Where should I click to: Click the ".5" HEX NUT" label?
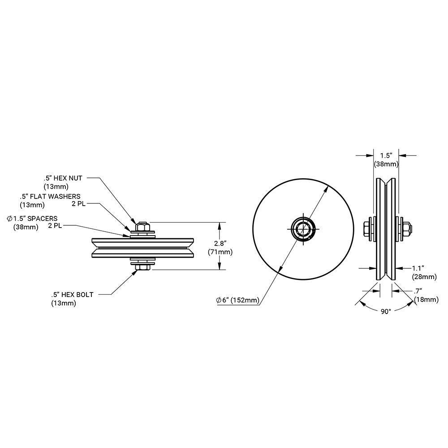pyautogui.click(x=63, y=178)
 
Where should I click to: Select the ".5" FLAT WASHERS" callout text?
pyautogui.click(x=50, y=196)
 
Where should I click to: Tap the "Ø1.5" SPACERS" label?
pyautogui.click(x=32, y=218)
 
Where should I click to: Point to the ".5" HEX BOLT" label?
pyautogui.click(x=72, y=294)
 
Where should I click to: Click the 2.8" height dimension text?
pyautogui.click(x=220, y=243)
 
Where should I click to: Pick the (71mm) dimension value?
pyautogui.click(x=220, y=252)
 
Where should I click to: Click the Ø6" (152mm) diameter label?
pyautogui.click(x=237, y=300)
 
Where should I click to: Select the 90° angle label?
pyautogui.click(x=386, y=311)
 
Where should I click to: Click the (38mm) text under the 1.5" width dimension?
pyautogui.click(x=386, y=164)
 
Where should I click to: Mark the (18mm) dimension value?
pyautogui.click(x=426, y=299)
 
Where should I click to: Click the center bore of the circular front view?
pyautogui.click(x=304, y=229)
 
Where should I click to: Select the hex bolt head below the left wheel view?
pyautogui.click(x=143, y=267)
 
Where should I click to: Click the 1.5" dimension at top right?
pyautogui.click(x=386, y=155)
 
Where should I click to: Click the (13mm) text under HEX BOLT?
pyautogui.click(x=64, y=303)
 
